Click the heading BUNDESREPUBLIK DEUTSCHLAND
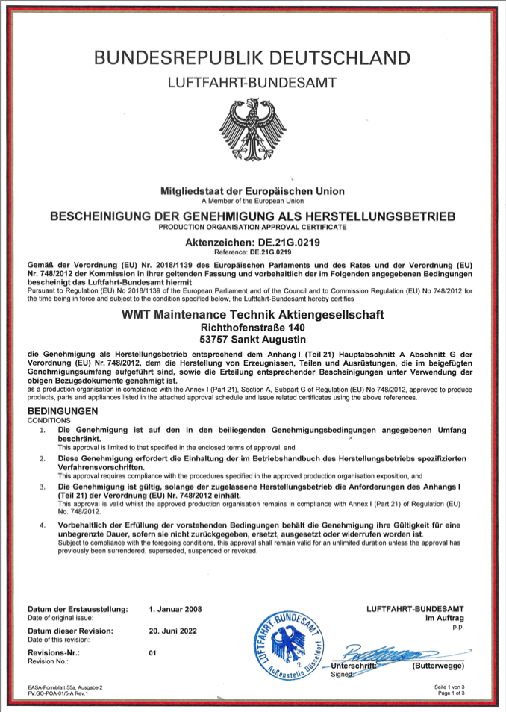click(253, 58)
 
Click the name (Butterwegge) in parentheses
click(438, 666)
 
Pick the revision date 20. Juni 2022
click(173, 631)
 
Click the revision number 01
click(154, 652)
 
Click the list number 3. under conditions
click(43, 486)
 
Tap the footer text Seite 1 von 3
click(449, 686)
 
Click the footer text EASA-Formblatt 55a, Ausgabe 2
click(65, 686)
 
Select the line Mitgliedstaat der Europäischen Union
click(252, 192)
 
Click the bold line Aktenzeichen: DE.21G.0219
click(252, 243)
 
